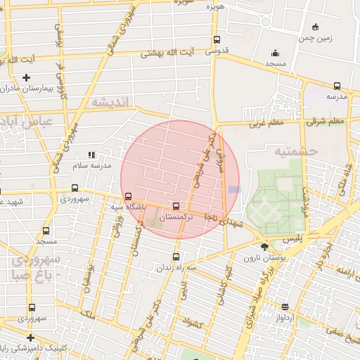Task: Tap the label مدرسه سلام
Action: pyautogui.click(x=91, y=165)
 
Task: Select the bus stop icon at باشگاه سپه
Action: pyautogui.click(x=127, y=197)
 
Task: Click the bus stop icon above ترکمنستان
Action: pyautogui.click(x=176, y=206)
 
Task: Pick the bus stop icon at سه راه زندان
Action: pyautogui.click(x=176, y=255)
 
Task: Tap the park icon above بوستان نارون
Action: pyautogui.click(x=264, y=247)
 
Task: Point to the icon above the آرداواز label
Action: pyautogui.click(x=285, y=307)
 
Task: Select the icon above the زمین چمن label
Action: pyautogui.click(x=316, y=27)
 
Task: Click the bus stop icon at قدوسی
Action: pyautogui.click(x=216, y=40)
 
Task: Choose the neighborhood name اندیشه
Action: pyautogui.click(x=110, y=103)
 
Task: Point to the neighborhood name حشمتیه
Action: pyautogui.click(x=295, y=150)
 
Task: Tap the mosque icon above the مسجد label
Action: pyautogui.click(x=275, y=53)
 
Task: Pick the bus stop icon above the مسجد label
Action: pyautogui.click(x=46, y=231)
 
